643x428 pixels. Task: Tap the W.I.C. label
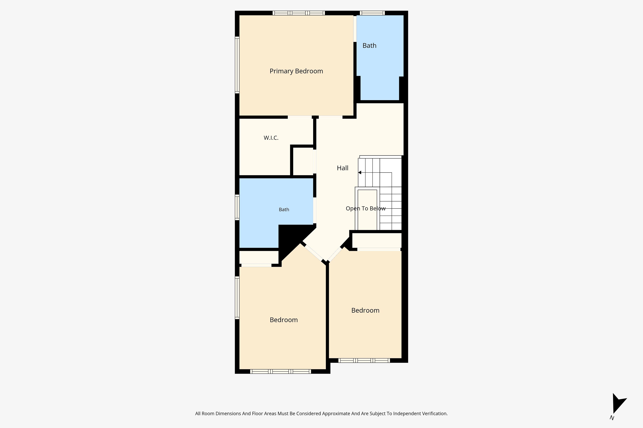coord(271,138)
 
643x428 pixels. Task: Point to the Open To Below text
coord(366,208)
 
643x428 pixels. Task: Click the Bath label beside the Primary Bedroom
coord(369,46)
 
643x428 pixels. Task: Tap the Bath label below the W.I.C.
coord(284,210)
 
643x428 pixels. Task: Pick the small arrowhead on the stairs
coord(360,173)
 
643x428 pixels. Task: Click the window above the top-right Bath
coord(372,13)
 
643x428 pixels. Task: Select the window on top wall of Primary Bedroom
coord(299,13)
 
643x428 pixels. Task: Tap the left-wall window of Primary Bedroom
coord(237,65)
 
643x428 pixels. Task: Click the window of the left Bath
coord(237,207)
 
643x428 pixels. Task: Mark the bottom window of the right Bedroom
coord(364,361)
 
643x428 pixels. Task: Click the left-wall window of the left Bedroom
coord(237,298)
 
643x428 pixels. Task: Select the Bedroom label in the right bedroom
coord(365,310)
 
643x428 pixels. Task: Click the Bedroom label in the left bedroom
coord(284,320)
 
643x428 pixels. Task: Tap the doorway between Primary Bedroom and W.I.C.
coord(300,117)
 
